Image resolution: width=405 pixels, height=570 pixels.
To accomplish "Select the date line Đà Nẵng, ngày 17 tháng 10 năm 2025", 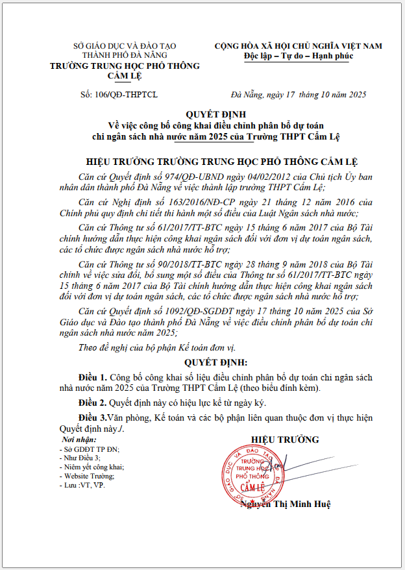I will point(298,95).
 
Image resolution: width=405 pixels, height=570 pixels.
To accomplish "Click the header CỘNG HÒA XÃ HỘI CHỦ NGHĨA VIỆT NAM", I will point(299,46).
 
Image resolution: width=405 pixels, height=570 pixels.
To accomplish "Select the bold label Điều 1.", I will point(92,377).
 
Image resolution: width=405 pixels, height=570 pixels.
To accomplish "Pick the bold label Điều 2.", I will point(92,403).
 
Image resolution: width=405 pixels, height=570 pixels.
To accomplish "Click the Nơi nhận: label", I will point(75,440).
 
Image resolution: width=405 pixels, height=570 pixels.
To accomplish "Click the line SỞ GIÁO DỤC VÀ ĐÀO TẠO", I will point(125,47).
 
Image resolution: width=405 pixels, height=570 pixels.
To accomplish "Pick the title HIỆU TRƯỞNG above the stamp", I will point(285,440).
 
